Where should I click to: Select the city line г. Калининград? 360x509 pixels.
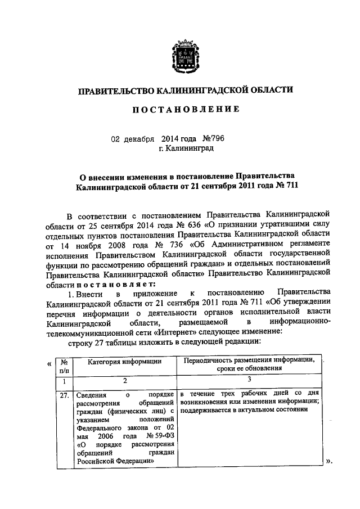[x=186, y=148]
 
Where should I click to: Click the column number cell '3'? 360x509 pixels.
[x=247, y=381]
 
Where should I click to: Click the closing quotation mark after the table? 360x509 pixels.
[x=329, y=462]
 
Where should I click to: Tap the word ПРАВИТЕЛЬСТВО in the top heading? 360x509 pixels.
[x=115, y=90]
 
